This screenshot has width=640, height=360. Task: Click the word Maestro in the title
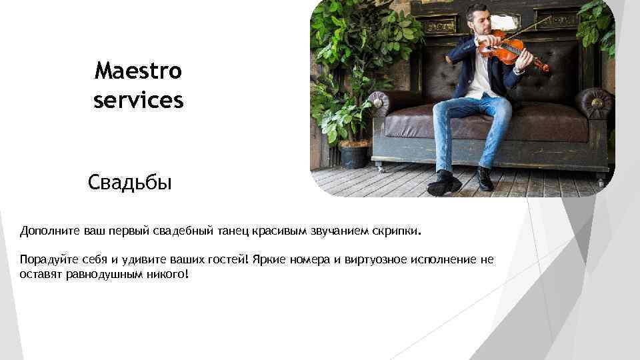pos(138,69)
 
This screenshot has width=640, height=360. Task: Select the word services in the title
pos(138,101)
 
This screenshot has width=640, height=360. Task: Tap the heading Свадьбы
pos(129,182)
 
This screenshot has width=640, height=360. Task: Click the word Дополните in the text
pos(50,231)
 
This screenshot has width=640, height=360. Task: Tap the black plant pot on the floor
pos(354,155)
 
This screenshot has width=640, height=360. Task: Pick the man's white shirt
pos(479,77)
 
